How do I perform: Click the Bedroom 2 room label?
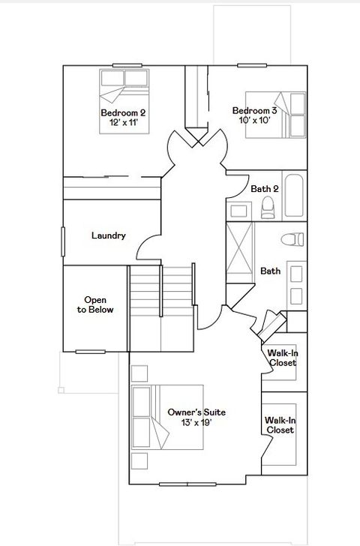123,113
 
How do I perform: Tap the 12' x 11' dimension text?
123,123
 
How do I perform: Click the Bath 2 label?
264,189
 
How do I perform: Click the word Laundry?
108,235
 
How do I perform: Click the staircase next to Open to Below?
162,296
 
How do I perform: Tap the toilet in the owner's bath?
292,240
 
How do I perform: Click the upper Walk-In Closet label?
282,358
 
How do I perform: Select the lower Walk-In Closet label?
278,425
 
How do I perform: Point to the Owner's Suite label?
196,412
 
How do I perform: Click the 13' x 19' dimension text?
196,423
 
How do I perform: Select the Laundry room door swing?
148,244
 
